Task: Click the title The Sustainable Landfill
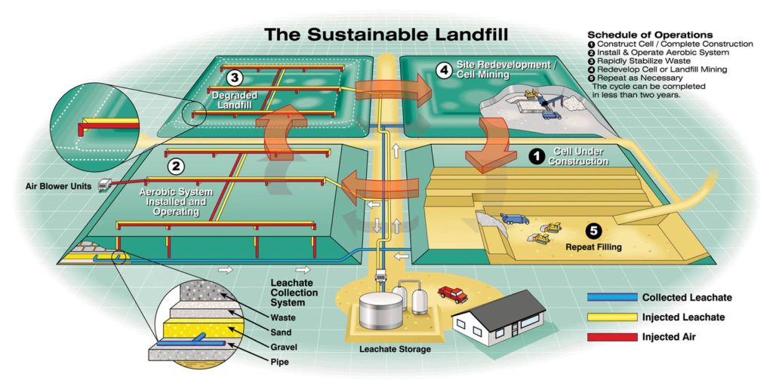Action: [x=384, y=36]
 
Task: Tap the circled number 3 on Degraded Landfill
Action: [x=235, y=78]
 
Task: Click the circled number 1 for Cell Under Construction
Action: [x=536, y=156]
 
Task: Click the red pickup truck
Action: [x=452, y=293]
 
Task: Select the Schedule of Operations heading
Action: [x=649, y=35]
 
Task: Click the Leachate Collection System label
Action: [x=294, y=293]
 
